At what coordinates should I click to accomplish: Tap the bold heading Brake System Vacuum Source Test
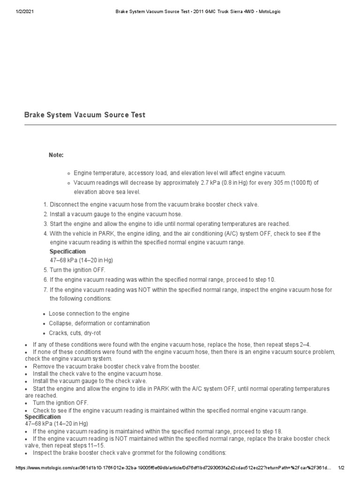pyautogui.click(x=84, y=115)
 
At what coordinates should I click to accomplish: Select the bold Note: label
pyautogui.click(x=57, y=155)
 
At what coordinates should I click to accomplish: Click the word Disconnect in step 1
pyautogui.click(x=66, y=205)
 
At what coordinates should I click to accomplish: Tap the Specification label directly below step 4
pyautogui.click(x=67, y=252)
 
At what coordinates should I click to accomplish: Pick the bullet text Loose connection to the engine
pyautogui.click(x=89, y=314)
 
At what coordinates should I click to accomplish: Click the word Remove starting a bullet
pyautogui.click(x=43, y=366)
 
